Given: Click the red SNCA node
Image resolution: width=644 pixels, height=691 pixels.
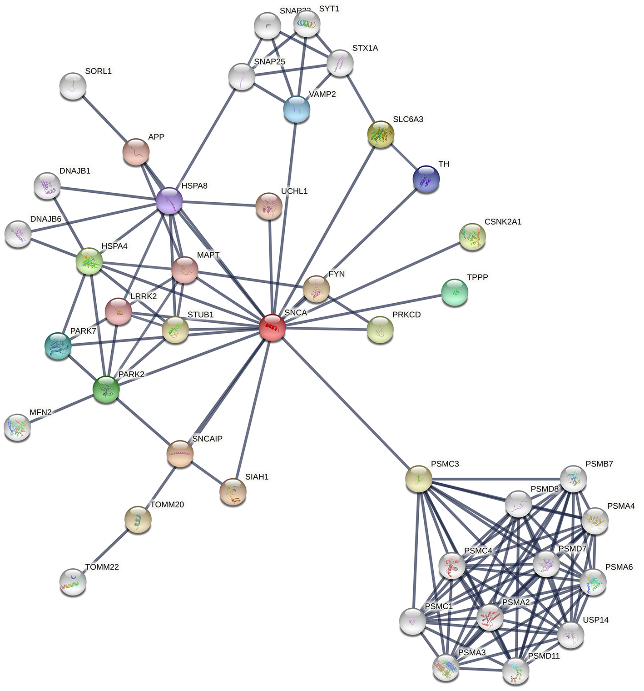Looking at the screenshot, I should tap(272, 327).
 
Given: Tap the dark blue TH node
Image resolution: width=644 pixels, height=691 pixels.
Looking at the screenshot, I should tap(426, 179).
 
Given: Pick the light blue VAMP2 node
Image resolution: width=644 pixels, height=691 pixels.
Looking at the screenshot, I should tap(297, 110).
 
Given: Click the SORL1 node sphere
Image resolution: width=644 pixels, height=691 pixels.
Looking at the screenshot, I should tap(73, 86).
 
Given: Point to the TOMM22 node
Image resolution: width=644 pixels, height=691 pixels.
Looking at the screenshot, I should tap(73, 582).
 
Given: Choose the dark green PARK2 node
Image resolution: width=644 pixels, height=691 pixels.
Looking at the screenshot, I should tap(106, 389).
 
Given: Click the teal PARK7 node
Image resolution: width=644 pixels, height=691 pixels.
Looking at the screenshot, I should tap(58, 346).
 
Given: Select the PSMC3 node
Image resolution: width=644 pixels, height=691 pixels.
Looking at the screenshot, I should tap(418, 479).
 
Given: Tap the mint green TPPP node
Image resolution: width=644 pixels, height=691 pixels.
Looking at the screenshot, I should tap(454, 293).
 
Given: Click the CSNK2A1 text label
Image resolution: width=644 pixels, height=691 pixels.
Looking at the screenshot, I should tap(503, 222).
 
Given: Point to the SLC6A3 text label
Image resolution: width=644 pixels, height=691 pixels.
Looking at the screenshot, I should tap(408, 120).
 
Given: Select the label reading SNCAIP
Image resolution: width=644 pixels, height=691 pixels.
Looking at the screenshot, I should tap(207, 439).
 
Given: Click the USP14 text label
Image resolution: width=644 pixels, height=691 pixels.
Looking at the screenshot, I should tap(595, 620).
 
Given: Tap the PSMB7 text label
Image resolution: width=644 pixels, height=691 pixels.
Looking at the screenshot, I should tap(599, 464).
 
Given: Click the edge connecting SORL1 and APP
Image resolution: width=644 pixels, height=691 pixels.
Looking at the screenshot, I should tap(104, 119).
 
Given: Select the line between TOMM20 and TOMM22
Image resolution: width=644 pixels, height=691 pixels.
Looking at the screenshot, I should tap(105, 551).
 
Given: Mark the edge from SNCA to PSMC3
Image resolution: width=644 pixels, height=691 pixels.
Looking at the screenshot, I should tap(345, 403).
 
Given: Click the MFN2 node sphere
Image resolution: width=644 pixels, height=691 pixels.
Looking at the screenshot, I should tap(17, 427).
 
